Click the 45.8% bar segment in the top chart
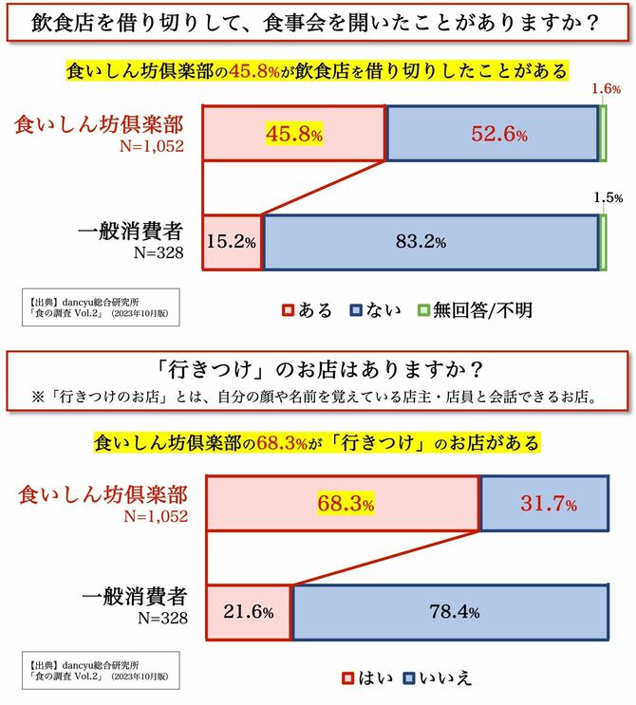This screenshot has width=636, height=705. pos(294,134)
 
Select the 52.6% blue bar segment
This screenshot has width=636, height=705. pos(492,134)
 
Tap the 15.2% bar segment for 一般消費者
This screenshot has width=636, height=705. pos(232,242)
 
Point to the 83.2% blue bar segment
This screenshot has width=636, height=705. pos(431,242)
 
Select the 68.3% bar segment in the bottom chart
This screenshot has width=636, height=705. pos(342,502)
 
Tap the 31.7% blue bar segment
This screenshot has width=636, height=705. pos(545,502)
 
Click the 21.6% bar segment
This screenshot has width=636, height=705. pos(248,612)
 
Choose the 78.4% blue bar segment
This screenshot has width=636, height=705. pos(450,612)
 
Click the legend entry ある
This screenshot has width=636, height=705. pos(308,309)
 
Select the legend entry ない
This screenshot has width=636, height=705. pos(378,309)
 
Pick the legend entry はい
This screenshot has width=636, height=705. pos(364,677)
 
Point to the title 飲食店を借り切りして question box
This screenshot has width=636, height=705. pos(317,22)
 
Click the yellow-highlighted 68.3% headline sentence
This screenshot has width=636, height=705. pos(317,442)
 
